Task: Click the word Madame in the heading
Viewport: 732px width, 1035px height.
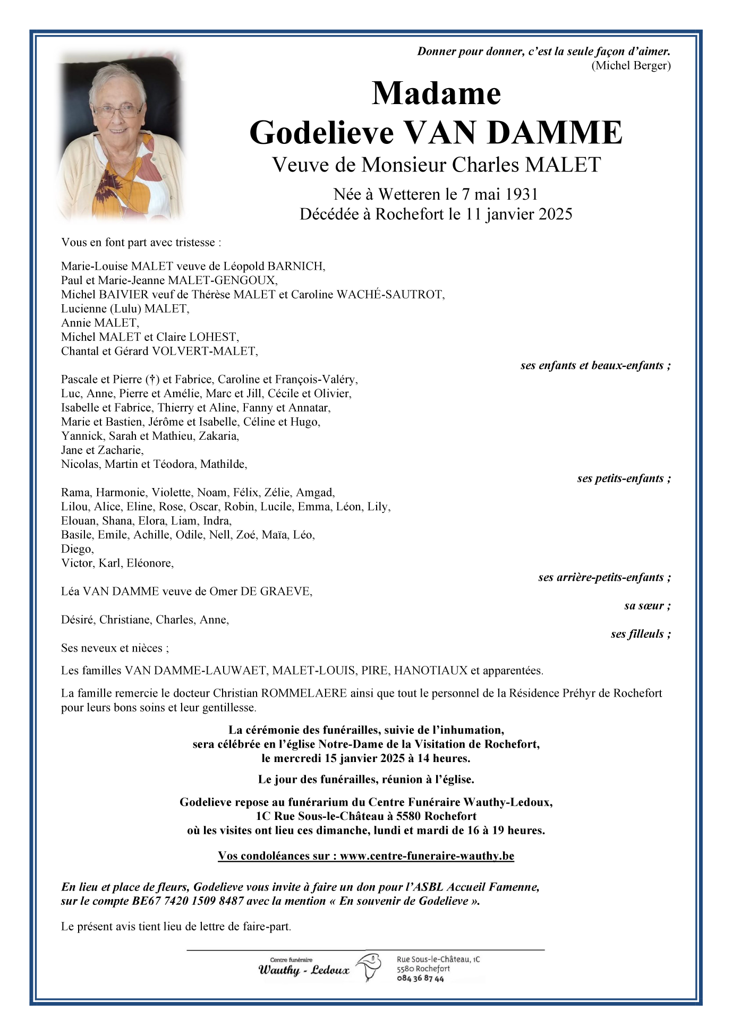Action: tap(436, 94)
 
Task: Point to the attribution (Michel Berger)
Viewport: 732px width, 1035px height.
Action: tap(631, 65)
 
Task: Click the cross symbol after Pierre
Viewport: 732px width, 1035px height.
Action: tap(152, 379)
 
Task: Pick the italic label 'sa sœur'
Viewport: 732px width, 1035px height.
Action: tap(647, 606)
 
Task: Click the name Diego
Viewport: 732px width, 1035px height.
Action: tap(77, 549)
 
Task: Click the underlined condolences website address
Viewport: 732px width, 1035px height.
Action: tap(427, 856)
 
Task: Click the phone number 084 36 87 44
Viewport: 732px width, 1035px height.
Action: tap(420, 979)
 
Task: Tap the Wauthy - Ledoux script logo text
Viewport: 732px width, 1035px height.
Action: tap(304, 970)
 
